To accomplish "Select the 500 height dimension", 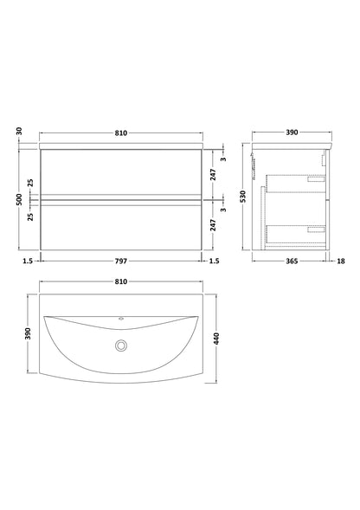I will click(19, 198).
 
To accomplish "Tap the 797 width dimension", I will click(120, 260).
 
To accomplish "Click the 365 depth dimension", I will click(290, 260).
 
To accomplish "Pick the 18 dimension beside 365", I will click(340, 260).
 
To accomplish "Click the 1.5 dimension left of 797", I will click(29, 260).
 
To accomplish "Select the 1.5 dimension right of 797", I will click(214, 260).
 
